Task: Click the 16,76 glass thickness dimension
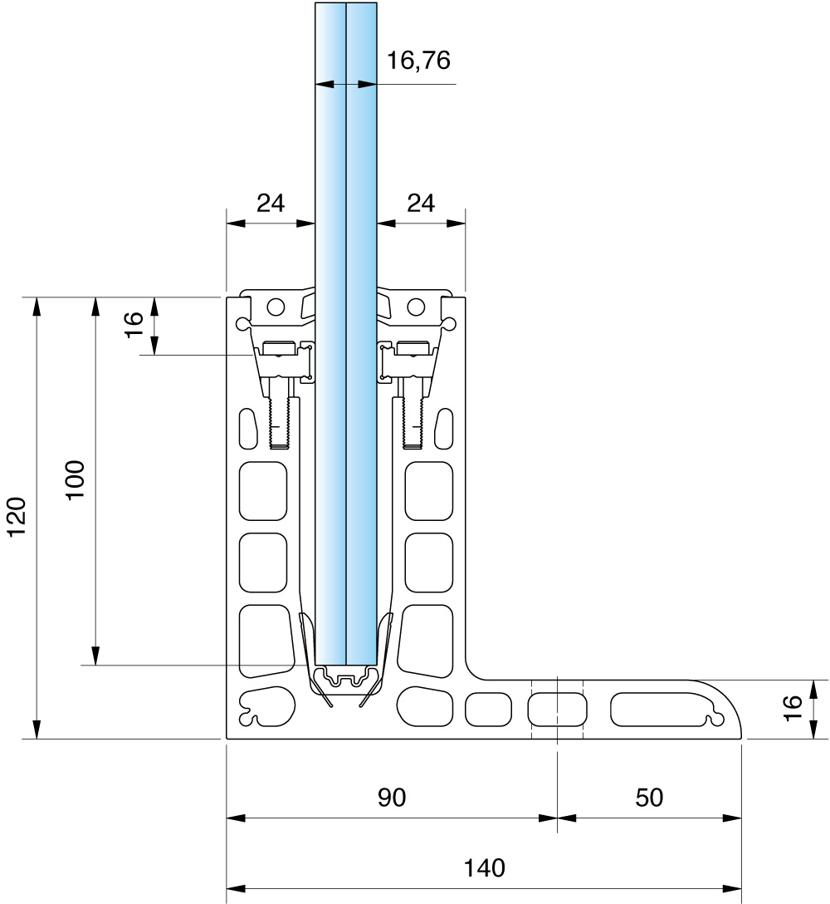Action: point(417,61)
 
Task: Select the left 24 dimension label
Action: point(271,203)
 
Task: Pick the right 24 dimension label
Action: point(421,203)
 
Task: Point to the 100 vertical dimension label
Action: point(75,480)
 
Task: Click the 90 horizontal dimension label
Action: point(392,798)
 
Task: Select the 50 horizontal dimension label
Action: point(649,798)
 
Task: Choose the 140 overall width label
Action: point(484,867)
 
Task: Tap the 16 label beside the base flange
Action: point(793,708)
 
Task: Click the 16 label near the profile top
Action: point(133,325)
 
